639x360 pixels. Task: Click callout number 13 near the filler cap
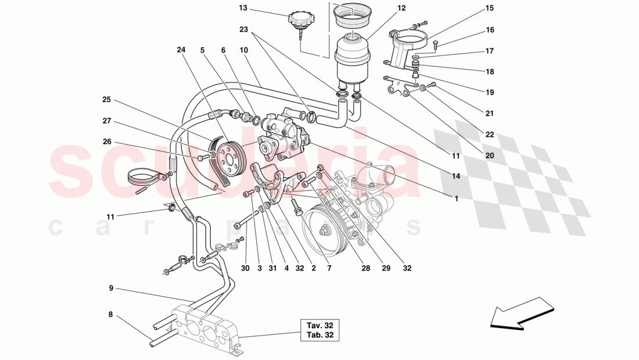[x=243, y=8]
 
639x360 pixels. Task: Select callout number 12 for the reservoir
[x=401, y=8]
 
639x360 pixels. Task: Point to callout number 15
[x=490, y=8]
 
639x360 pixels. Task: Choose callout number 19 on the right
[x=490, y=92]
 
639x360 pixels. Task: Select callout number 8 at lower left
[x=110, y=315]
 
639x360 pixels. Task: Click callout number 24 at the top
[x=181, y=50]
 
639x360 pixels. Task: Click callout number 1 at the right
[x=456, y=199]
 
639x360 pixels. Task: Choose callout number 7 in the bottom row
[x=329, y=268]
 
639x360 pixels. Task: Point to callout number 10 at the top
[x=243, y=50]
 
